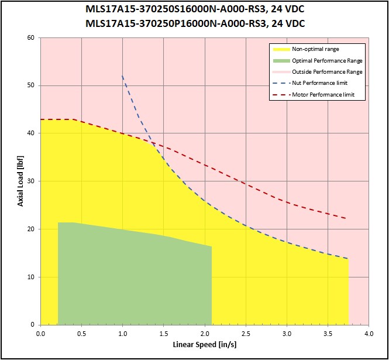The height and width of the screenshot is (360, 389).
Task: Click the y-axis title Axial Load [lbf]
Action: (x=20, y=181)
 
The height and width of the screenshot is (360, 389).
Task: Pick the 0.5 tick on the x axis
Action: (x=81, y=334)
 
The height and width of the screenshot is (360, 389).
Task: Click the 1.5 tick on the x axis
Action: (x=164, y=334)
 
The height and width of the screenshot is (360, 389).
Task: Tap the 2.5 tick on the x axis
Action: (x=246, y=334)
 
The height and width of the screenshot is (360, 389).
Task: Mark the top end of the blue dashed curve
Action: (x=122, y=76)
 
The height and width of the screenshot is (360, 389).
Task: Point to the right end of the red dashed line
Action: (x=346, y=218)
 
